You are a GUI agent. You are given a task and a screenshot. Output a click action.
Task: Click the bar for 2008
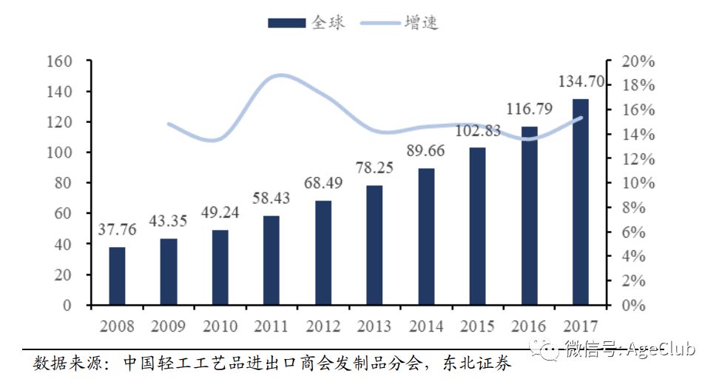[117, 275]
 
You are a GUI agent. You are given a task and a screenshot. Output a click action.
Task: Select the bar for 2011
[271, 260]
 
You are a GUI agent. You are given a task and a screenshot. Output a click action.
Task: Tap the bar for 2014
[426, 236]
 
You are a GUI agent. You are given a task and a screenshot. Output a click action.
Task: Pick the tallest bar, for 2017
[581, 201]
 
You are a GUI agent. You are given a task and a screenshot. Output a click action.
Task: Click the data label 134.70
[578, 81]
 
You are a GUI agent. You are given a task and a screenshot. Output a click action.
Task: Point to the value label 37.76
[117, 229]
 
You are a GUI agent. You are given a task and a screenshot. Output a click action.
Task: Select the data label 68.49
[323, 183]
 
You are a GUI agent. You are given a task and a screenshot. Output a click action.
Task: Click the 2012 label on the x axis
[323, 326]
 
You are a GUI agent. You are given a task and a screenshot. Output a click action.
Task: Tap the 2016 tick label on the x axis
[529, 326]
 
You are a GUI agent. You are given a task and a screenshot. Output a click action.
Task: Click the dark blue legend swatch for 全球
[286, 23]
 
